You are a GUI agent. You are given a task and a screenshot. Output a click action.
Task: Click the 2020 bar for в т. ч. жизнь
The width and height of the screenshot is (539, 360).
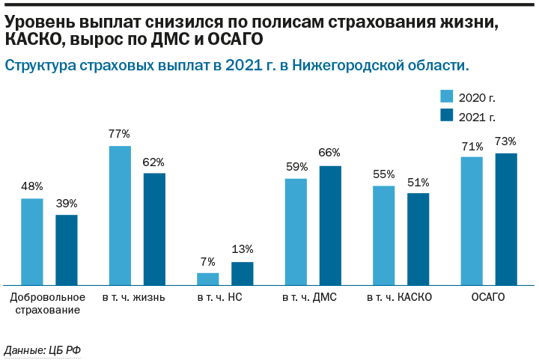(x=120, y=216)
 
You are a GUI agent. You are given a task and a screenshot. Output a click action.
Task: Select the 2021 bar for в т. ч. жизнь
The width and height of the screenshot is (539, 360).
(x=154, y=229)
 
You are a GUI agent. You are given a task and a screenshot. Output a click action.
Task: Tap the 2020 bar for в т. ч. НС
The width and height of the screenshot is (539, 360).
(x=207, y=279)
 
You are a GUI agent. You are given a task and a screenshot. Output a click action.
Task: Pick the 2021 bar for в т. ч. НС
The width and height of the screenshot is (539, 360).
(x=242, y=273)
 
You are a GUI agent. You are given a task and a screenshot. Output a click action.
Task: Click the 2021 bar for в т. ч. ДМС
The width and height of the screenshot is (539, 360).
(x=330, y=225)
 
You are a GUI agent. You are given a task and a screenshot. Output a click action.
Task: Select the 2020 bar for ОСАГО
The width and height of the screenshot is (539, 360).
(x=472, y=221)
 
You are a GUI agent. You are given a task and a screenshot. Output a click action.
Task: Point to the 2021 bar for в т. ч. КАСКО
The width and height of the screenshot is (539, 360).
(x=418, y=239)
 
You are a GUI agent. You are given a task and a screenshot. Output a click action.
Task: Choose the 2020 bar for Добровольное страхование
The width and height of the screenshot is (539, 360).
(x=31, y=242)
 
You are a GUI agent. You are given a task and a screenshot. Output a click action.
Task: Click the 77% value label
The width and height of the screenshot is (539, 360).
(x=120, y=134)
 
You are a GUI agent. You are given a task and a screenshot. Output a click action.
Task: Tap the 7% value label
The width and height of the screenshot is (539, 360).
(x=207, y=261)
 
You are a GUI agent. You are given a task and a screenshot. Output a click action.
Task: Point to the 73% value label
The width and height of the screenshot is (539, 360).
(x=506, y=141)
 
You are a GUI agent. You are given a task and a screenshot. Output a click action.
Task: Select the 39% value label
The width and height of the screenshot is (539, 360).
(x=66, y=203)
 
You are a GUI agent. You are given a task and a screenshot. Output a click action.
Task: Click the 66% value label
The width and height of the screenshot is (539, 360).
(x=330, y=153)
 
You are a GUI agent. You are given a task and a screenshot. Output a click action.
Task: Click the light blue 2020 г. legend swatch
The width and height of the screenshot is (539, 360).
(x=447, y=97)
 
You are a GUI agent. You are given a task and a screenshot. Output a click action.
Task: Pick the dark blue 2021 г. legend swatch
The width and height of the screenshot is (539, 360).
(x=447, y=115)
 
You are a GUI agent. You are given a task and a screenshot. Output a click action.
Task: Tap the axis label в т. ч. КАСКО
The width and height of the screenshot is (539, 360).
(x=399, y=297)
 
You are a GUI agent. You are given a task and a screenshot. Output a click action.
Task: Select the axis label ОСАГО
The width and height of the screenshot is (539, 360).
(x=488, y=297)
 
